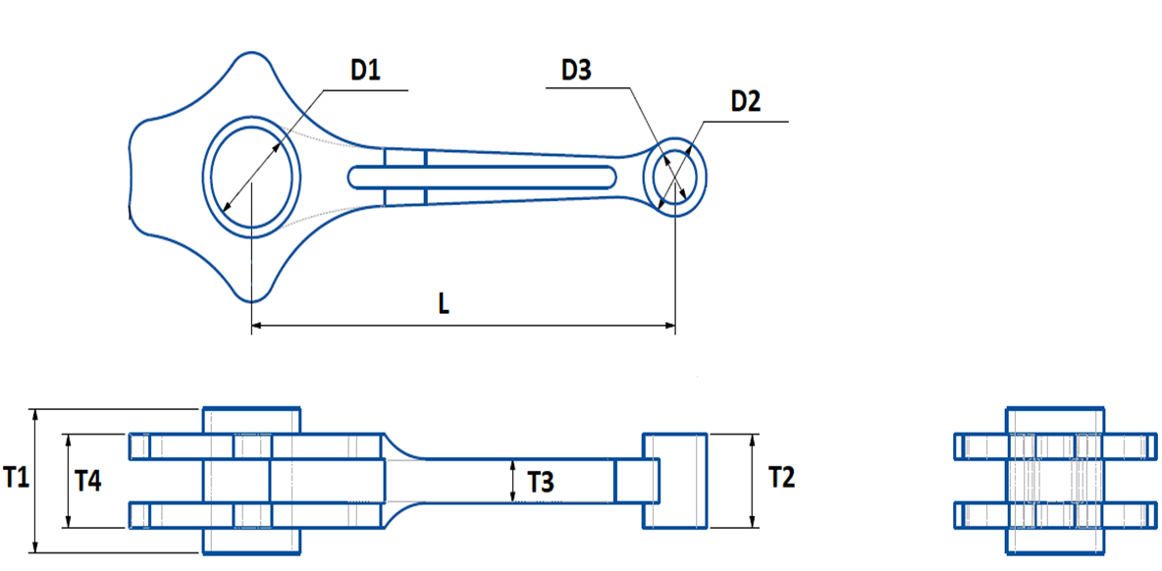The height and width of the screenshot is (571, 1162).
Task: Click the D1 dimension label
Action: tap(365, 71)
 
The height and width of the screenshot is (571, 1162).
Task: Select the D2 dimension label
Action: tap(746, 102)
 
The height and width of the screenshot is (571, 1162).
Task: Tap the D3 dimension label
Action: tap(577, 71)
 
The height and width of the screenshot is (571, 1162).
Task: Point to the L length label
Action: tap(444, 304)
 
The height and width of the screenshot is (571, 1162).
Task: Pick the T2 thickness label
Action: tap(781, 478)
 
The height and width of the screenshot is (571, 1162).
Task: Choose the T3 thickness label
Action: tap(541, 482)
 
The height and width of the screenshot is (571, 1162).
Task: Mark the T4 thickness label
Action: tap(88, 481)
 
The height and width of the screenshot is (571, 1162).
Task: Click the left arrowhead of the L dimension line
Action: tap(257, 325)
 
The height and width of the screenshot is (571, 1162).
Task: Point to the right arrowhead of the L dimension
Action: tap(670, 325)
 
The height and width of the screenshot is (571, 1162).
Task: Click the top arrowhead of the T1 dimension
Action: tap(35, 414)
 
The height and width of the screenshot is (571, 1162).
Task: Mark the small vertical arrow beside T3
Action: tap(512, 481)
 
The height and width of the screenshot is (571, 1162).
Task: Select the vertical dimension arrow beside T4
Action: tap(68, 481)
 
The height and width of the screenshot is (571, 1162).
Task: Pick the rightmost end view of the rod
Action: tap(1055, 479)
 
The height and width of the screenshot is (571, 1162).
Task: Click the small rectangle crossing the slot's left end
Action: tap(404, 177)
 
